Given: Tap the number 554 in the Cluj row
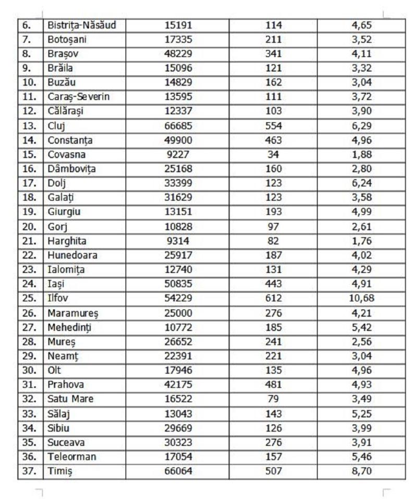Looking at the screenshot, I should point(273,126).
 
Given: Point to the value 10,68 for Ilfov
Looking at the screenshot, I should point(362,298).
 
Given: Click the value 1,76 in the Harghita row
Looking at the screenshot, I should point(362,241).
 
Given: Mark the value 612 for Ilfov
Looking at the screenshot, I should point(273,298).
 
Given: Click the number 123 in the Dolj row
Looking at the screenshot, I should point(273,183).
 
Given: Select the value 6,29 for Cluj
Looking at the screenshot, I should point(362,126).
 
